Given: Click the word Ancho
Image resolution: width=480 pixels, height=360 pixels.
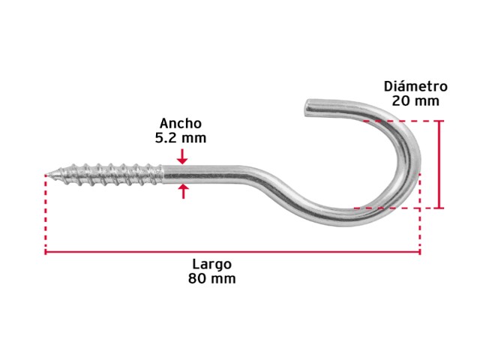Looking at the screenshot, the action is click(x=181, y=123).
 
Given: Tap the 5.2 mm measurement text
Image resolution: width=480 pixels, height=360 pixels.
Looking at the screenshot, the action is click(x=181, y=138).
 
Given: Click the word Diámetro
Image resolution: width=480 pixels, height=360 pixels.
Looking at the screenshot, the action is click(x=415, y=86).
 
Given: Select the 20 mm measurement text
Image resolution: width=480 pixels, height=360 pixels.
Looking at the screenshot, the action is click(x=415, y=100).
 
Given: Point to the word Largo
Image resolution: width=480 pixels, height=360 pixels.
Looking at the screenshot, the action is click(x=211, y=264).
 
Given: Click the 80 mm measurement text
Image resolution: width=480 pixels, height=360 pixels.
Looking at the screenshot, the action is click(x=211, y=278).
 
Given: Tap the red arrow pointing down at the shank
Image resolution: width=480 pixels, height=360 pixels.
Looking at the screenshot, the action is click(x=182, y=157).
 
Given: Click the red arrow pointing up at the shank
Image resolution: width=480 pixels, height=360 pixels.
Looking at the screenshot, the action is click(x=183, y=191).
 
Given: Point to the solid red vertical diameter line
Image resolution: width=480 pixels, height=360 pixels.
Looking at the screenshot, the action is click(x=440, y=164).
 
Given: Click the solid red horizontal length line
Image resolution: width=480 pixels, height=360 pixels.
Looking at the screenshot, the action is click(x=232, y=252).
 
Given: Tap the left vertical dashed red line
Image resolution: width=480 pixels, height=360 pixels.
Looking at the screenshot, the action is click(x=46, y=212).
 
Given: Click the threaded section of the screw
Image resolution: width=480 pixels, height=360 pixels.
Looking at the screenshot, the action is click(x=107, y=175).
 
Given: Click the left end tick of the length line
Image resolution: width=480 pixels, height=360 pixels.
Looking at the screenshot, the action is click(x=45, y=252).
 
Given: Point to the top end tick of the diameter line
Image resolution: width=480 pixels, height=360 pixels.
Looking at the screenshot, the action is click(x=440, y=121).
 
